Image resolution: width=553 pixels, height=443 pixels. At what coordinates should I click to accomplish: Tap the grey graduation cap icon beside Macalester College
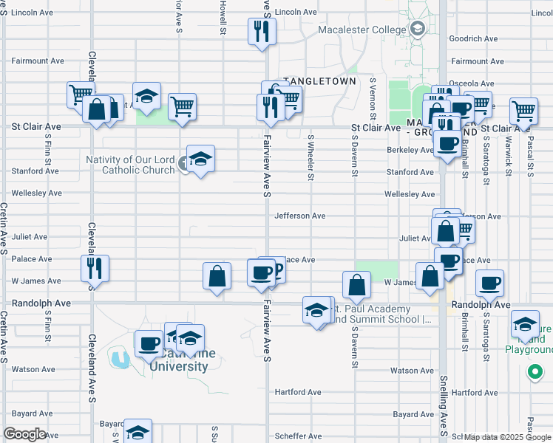[x=418, y=30]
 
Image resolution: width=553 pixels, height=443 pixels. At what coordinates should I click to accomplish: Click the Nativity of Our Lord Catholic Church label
[x=130, y=165]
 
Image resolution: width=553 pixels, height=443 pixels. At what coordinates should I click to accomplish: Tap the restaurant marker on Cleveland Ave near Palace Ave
[x=95, y=267]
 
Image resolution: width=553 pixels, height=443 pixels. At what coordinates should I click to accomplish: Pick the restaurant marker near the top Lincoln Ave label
[x=262, y=32]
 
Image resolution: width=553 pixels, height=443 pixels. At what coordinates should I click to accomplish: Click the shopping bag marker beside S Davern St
[x=356, y=284]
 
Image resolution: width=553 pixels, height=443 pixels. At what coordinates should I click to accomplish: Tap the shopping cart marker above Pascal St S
[x=523, y=111]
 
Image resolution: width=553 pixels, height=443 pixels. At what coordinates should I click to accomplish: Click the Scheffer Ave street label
[x=298, y=436]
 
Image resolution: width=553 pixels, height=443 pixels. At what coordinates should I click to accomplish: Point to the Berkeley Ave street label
[x=410, y=150]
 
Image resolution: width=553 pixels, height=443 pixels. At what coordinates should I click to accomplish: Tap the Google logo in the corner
[x=24, y=434]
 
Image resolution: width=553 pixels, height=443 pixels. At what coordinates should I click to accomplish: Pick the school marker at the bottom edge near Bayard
[x=138, y=431]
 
